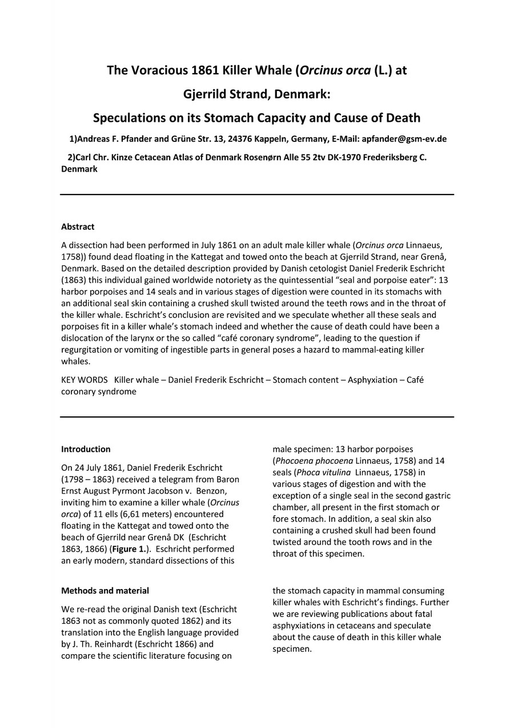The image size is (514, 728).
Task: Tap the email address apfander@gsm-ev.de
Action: click(404, 139)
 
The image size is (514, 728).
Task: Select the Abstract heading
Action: click(78, 226)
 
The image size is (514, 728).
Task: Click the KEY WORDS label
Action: click(84, 380)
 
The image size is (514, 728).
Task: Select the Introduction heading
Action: click(86, 449)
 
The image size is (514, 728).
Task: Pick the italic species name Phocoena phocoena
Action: click(314, 461)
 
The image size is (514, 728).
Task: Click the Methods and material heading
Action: click(105, 590)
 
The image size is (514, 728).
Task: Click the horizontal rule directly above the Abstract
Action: click(257, 195)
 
